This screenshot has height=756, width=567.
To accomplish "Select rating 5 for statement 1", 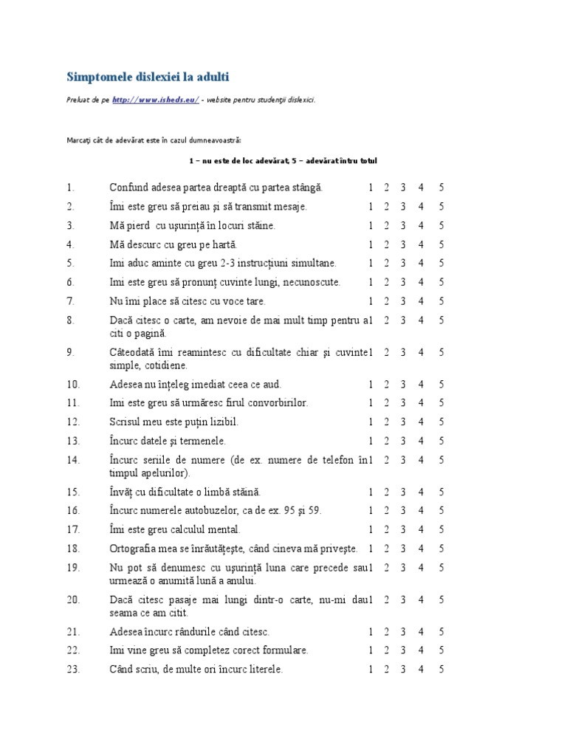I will click(441, 188).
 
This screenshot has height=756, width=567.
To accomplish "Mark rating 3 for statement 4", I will click(403, 244).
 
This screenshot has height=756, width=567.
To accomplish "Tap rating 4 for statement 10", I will click(421, 385).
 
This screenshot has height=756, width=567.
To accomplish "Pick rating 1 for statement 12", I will click(371, 422).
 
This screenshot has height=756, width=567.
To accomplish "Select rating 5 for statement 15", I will click(441, 492).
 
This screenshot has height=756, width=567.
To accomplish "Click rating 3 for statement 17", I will click(403, 529).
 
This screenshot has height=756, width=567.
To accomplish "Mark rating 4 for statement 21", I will click(421, 632).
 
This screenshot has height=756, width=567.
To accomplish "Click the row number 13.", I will click(72, 441).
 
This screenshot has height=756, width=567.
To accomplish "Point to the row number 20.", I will click(72, 599).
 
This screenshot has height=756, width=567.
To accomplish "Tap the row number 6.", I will click(70, 282).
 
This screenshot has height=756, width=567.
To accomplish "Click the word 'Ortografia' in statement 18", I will click(133, 549).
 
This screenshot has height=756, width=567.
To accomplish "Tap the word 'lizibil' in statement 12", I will click(221, 422).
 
